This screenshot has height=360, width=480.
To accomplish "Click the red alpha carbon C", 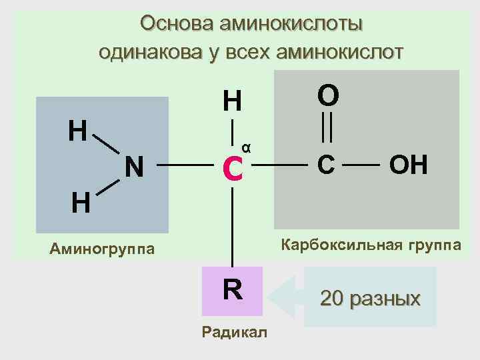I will tap(232, 169).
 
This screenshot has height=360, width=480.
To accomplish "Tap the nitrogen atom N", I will tap(135, 167).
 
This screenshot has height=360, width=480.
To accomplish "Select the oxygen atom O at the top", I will tap(327, 95).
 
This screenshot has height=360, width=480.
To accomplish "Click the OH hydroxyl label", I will tap(409, 165).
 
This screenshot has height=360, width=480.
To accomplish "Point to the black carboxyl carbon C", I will tap(326, 165).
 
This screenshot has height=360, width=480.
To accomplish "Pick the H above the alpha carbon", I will tap(232, 101).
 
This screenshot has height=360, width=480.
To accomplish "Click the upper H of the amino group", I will tap(78, 131).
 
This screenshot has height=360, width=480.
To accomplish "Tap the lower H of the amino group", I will tap(80, 201).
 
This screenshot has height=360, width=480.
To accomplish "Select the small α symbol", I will tap(246, 147).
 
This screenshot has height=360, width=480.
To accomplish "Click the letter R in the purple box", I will tap(233, 290).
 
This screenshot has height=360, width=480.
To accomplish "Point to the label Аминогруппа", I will tap(102, 249).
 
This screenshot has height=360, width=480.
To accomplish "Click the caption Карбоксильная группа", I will tap(371, 245).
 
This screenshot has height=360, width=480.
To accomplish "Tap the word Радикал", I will tap(234, 332).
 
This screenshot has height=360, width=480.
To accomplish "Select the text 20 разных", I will tap(370, 298).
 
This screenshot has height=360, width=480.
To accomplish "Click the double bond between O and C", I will tap(327, 128).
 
